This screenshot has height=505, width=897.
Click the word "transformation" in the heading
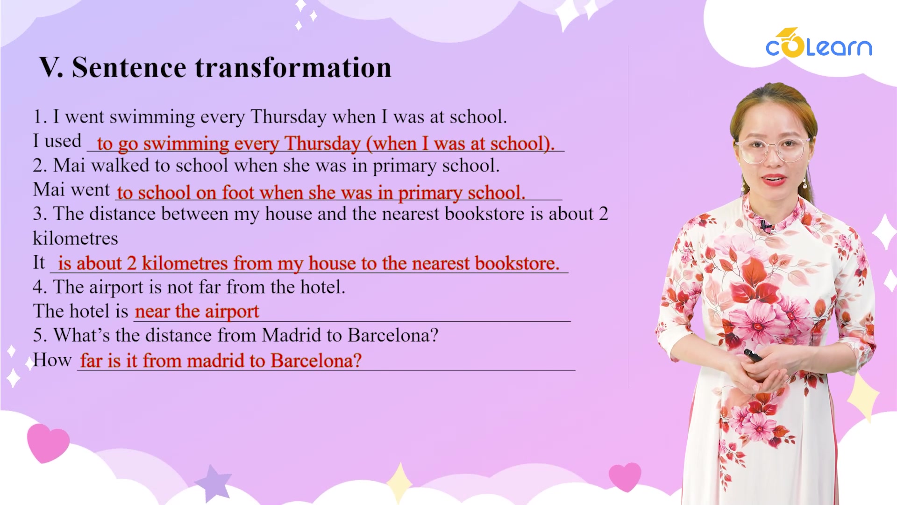click(x=293, y=67)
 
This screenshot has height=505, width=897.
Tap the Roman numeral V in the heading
click(x=50, y=67)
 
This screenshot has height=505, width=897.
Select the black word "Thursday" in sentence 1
click(x=288, y=116)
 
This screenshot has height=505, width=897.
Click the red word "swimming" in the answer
click(x=186, y=144)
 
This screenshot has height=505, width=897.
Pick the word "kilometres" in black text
click(x=75, y=238)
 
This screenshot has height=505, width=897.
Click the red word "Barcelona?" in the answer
click(x=316, y=361)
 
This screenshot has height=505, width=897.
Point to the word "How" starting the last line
click(x=52, y=360)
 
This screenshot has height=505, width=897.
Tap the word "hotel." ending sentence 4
click(x=323, y=287)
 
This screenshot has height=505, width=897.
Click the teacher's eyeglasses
click(x=772, y=150)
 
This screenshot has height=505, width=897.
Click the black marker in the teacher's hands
click(x=753, y=355)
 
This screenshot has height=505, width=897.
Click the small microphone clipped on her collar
click(x=766, y=227)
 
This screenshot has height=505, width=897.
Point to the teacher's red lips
click(x=774, y=180)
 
